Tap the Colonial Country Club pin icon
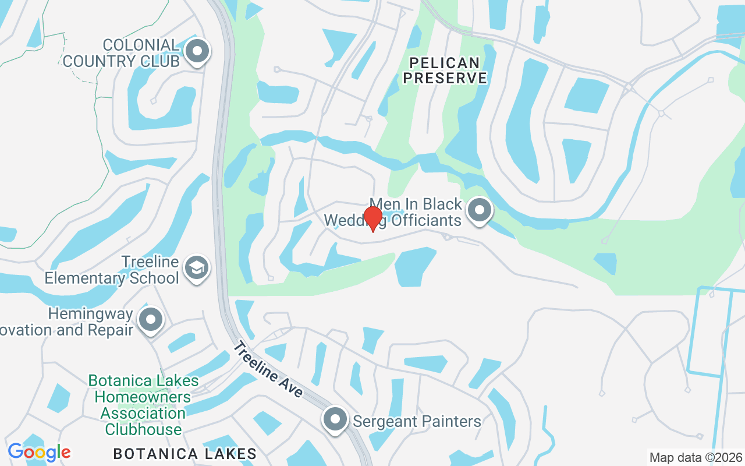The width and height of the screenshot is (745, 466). pos(197,51)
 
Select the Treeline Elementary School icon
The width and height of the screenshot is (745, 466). pos(197,269)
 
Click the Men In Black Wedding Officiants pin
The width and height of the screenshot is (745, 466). pos(480,211)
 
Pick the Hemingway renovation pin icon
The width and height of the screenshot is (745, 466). pos(151,319)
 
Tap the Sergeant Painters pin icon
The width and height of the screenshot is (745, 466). pos(335,419)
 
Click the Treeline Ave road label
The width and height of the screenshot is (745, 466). pos(268,370)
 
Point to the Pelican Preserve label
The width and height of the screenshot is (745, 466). pos(445,70)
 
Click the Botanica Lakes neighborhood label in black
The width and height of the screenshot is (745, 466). pos(185,454)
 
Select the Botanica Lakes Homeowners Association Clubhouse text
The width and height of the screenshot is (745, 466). pos(143,405)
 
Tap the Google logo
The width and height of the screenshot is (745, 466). pos(39,452)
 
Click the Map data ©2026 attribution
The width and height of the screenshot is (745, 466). pos(696,457)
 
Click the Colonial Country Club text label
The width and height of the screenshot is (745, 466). pos(121,53)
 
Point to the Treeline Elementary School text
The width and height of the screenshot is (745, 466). pos(112,270)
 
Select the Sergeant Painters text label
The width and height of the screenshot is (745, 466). pos(417,421)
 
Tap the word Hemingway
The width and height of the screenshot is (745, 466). pos(90,314)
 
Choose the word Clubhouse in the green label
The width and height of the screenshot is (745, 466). pos(143,430)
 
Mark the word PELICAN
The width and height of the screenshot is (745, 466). pos(445,62)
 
